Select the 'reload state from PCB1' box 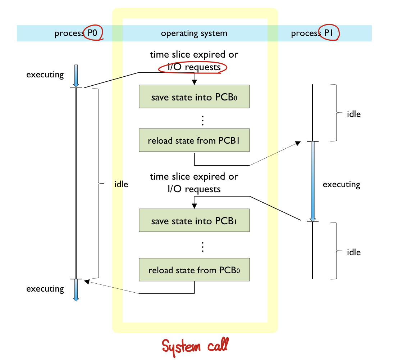point(194,140)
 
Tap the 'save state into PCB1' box point(194,221)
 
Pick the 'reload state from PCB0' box point(194,270)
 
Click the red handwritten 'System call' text point(195,347)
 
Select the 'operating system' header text point(194,33)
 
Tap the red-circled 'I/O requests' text point(193,67)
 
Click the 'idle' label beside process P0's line point(121,184)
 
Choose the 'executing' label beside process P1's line point(341,184)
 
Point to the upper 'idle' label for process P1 point(353,114)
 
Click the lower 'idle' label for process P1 point(353,252)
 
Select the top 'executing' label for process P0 point(45,75)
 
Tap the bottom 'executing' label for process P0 point(45,289)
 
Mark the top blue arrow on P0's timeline point(76,76)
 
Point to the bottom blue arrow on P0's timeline point(76,290)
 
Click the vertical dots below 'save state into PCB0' point(203,121)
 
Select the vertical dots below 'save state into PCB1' point(203,247)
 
